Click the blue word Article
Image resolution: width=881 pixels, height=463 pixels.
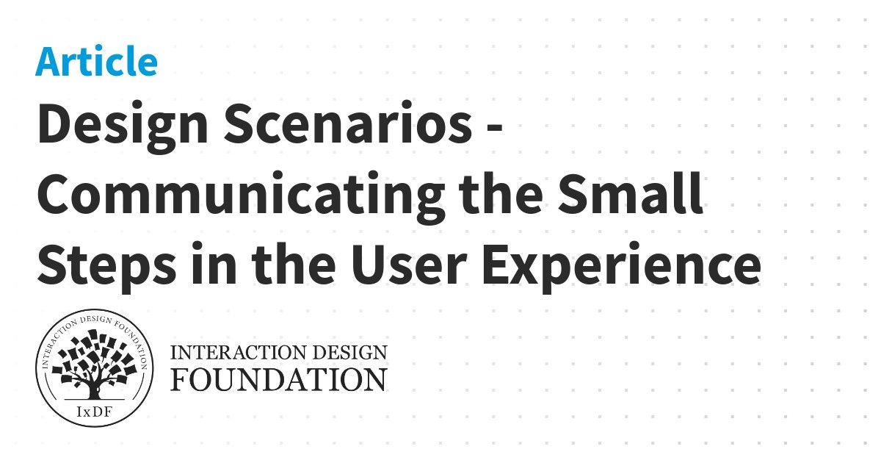pyautogui.click(x=96, y=62)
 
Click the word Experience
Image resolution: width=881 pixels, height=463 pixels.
pyautogui.click(x=621, y=266)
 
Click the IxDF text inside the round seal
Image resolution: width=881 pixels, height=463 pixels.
pyautogui.click(x=94, y=411)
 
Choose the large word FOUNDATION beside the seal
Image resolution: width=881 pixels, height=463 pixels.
pyautogui.click(x=279, y=379)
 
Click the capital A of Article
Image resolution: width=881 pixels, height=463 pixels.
pyautogui.click(x=47, y=62)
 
